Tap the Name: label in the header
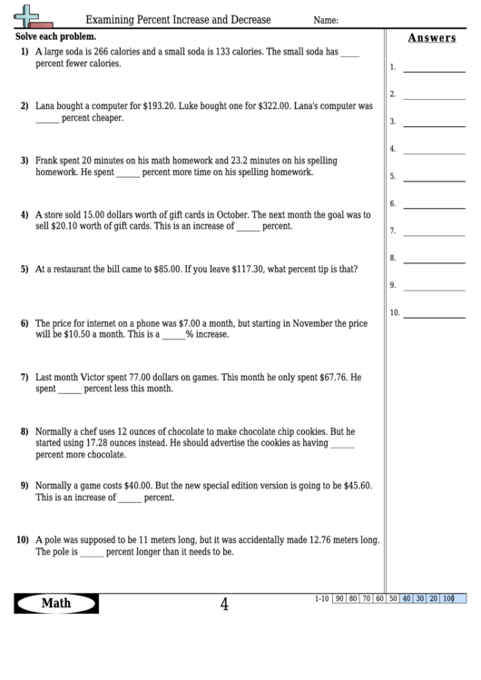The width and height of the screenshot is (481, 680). (326, 20)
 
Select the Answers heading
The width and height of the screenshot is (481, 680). (432, 37)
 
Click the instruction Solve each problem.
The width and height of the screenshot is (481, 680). (54, 36)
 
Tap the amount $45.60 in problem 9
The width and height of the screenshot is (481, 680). (353, 486)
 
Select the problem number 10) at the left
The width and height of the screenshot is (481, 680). (23, 539)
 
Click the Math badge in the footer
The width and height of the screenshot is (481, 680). (56, 603)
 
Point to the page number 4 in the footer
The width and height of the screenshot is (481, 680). (224, 604)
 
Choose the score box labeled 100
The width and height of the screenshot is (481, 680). (447, 598)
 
